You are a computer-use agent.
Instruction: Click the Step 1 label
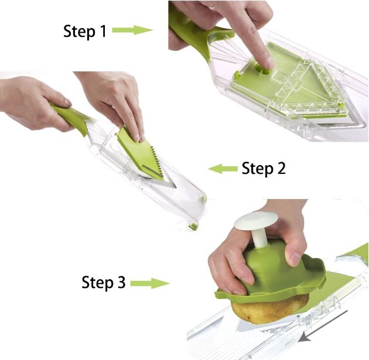click(85, 31)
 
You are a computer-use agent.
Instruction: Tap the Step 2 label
click(264, 169)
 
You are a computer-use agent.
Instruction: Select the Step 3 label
click(104, 282)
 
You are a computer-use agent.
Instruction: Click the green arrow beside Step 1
click(132, 30)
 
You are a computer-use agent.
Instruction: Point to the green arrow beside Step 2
click(223, 169)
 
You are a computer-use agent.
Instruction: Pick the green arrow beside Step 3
click(150, 283)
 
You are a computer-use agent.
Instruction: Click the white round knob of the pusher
click(256, 221)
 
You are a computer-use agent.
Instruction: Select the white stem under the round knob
click(260, 238)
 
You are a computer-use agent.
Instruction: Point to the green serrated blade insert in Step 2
click(141, 153)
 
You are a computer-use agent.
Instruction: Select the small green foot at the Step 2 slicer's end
click(193, 226)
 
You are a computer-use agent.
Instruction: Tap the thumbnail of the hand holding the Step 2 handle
click(67, 102)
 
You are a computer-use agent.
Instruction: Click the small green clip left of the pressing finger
click(237, 75)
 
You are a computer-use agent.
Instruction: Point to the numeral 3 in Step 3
click(121, 282)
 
